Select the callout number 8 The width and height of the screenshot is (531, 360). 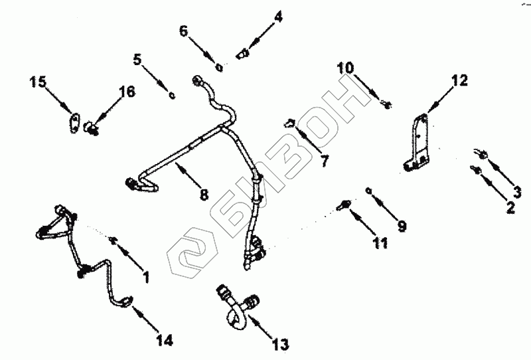[204, 195]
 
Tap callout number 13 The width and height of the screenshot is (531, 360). [281, 344]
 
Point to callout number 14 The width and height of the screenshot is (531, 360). [165, 341]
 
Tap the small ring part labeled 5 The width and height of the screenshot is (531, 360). [171, 95]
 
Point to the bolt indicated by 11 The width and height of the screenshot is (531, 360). [344, 204]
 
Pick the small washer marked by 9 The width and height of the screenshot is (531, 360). [369, 191]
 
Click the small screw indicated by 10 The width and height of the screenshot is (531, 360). [388, 104]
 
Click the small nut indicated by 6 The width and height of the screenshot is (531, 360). [219, 65]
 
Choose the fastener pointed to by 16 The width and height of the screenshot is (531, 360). [92, 126]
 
